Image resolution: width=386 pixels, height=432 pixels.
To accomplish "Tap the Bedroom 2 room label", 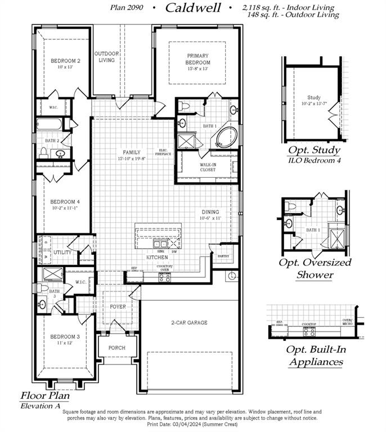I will (66, 61).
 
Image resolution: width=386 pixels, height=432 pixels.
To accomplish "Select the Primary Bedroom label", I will (198, 58).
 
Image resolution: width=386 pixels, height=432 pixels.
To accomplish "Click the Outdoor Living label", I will (107, 56).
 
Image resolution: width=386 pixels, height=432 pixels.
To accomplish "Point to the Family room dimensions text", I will (132, 159).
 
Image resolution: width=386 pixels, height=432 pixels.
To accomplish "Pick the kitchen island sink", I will (160, 244).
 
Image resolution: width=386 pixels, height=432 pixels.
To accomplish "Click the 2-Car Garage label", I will (189, 322).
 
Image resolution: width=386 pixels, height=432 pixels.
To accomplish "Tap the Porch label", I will (116, 348).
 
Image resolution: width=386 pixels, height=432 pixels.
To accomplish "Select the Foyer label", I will (118, 307).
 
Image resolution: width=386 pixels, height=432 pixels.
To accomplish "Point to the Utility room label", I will (62, 253).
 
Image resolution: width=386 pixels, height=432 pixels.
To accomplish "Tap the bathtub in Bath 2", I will (51, 124).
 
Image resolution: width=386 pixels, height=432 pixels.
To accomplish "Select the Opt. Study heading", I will (314, 150).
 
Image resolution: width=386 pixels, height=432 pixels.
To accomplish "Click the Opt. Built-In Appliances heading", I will (315, 355).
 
